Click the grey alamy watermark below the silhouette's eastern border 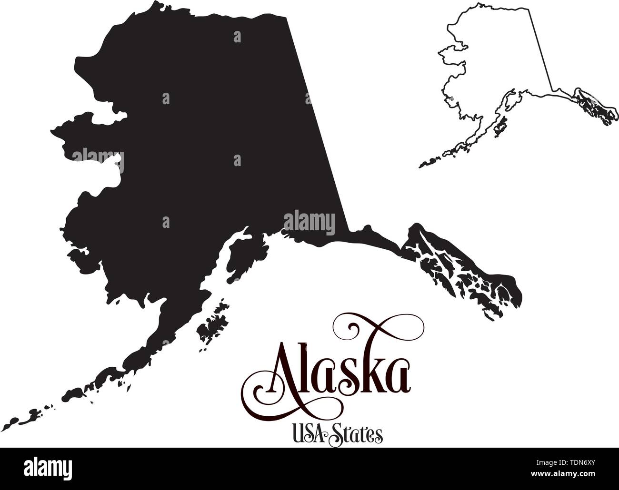[309, 221]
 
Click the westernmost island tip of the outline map [420, 166]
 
